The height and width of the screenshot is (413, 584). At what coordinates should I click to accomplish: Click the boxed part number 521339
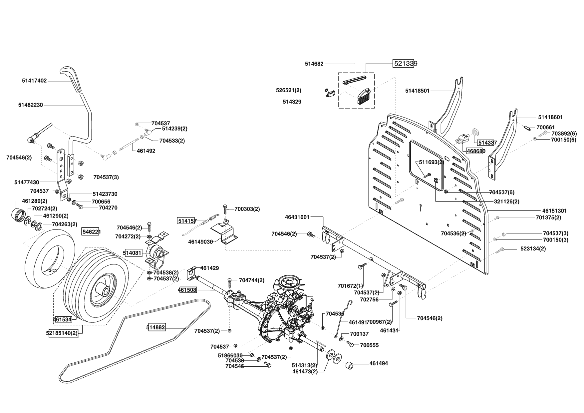point(404,64)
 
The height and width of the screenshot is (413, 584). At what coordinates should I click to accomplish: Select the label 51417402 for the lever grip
point(35,81)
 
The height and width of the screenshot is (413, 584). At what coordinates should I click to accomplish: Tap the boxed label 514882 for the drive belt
point(156,327)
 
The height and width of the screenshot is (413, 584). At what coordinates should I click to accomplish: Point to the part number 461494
point(379,363)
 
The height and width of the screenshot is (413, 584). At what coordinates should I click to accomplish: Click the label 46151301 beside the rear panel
point(554,211)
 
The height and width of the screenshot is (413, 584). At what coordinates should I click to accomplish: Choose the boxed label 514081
point(133,253)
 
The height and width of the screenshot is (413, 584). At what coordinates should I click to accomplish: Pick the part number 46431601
point(297,217)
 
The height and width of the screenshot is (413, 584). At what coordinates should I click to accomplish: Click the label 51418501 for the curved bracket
point(418,91)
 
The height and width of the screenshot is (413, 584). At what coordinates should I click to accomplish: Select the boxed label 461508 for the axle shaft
point(187,290)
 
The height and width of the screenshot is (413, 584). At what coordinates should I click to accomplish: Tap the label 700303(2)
point(247,209)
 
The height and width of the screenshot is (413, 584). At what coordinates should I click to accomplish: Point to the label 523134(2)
point(533,248)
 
